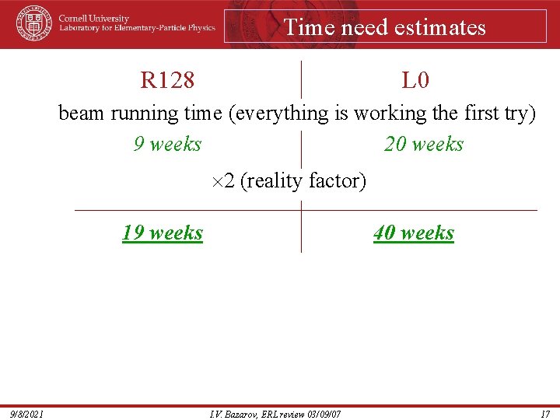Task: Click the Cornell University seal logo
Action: pyautogui.click(x=33, y=23)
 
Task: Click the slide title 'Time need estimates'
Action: pyautogui.click(x=384, y=27)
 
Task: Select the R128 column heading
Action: pyautogui.click(x=167, y=79)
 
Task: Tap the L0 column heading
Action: pyautogui.click(x=415, y=79)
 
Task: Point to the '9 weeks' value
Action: pyautogui.click(x=167, y=144)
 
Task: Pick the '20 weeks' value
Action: pyautogui.click(x=424, y=144)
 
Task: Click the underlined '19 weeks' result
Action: pyautogui.click(x=163, y=233)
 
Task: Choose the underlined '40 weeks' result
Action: pyautogui.click(x=414, y=233)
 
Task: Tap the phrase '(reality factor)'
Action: pyautogui.click(x=303, y=181)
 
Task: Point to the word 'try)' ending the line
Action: pyautogui.click(x=520, y=113)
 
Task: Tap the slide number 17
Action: pyautogui.click(x=544, y=413)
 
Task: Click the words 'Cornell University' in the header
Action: pyautogui.click(x=95, y=19)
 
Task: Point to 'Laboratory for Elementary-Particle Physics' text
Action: pyautogui.click(x=138, y=28)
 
